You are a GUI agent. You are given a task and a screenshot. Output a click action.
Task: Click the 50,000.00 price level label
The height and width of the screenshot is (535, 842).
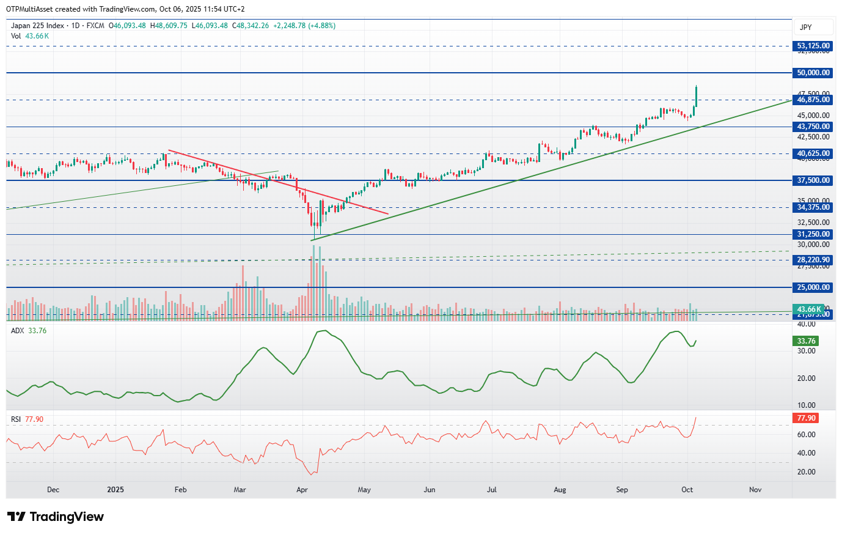813,73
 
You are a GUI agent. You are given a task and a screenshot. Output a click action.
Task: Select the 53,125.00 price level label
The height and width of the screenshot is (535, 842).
813,46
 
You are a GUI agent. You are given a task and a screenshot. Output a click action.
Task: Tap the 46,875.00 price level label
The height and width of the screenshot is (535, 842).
813,100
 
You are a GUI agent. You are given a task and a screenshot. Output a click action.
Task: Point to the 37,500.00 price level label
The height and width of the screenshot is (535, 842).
813,180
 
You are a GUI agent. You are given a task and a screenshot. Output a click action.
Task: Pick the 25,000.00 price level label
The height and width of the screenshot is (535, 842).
813,287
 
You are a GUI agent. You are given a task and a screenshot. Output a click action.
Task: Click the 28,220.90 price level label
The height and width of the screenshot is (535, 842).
813,260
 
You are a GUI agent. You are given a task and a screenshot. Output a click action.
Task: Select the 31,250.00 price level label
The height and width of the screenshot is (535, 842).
813,234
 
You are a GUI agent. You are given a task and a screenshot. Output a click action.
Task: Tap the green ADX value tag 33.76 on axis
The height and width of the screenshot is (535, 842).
806,341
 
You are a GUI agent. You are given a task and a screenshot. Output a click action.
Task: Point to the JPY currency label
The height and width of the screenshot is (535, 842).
806,28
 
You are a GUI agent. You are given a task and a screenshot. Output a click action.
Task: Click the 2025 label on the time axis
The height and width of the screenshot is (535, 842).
115,490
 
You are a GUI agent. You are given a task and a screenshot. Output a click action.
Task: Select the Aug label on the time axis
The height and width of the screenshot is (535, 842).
560,490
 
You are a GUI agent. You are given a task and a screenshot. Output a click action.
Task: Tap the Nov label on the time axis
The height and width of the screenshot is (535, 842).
755,490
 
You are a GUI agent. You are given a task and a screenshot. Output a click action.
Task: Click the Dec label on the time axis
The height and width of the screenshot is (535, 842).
53,490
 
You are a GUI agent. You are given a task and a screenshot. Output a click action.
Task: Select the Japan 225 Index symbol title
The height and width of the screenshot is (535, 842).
37,26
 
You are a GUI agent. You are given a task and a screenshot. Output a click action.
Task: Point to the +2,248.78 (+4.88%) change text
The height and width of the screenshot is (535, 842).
304,26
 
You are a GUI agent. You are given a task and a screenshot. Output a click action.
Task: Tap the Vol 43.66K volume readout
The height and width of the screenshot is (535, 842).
30,36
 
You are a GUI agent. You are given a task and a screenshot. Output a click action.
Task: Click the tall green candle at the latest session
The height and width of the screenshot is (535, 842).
696,97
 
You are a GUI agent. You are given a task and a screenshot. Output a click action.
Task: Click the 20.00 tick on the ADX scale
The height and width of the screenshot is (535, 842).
806,378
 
